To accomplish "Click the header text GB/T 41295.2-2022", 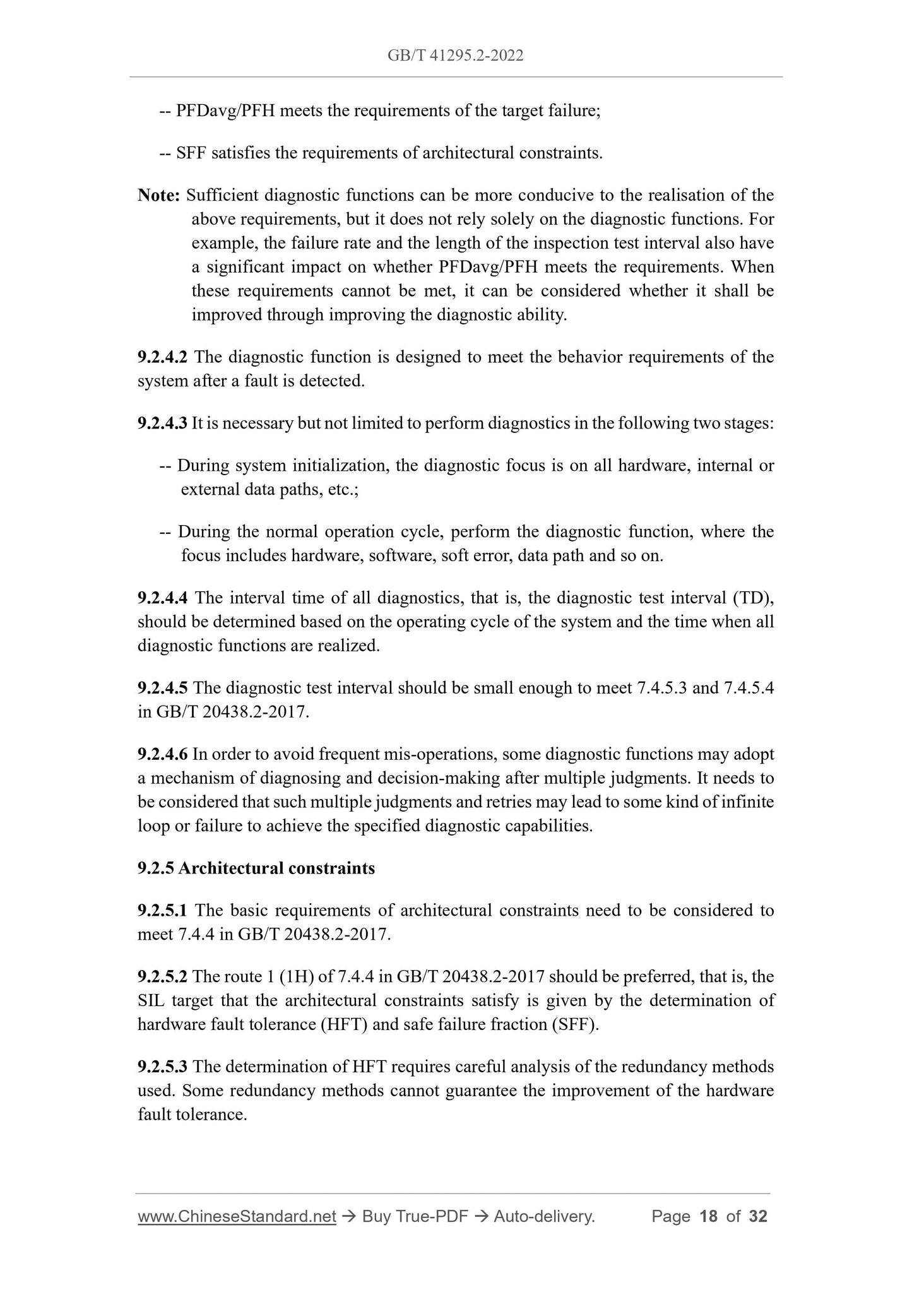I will pyautogui.click(x=455, y=56).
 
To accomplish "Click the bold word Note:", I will pyautogui.click(x=159, y=196).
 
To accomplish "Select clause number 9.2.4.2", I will pyautogui.click(x=162, y=357).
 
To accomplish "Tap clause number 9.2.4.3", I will pyautogui.click(x=162, y=423).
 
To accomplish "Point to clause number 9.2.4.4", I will pyautogui.click(x=162, y=598).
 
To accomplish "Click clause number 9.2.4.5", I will pyautogui.click(x=162, y=688).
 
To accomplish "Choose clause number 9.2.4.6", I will pyautogui.click(x=162, y=754).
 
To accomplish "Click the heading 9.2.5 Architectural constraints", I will pyautogui.click(x=256, y=868).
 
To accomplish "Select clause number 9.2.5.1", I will pyautogui.click(x=162, y=911).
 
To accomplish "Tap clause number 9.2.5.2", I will pyautogui.click(x=162, y=977).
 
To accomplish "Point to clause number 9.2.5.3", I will pyautogui.click(x=162, y=1067).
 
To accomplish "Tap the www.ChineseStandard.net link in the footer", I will pyautogui.click(x=237, y=1217).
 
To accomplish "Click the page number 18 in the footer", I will pyautogui.click(x=709, y=1217).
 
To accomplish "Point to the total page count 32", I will pyautogui.click(x=758, y=1217).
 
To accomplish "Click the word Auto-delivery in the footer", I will pyautogui.click(x=544, y=1217).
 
